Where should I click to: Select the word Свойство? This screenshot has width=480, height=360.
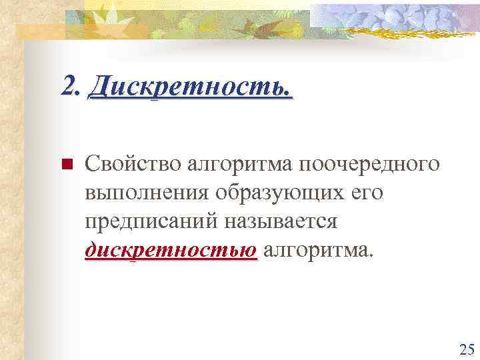pyautogui.click(x=133, y=164)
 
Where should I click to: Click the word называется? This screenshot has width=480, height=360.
pyautogui.click(x=285, y=222)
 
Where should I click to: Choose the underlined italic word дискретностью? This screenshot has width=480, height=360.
pyautogui.click(x=171, y=251)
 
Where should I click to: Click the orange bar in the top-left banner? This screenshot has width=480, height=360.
pyautogui.click(x=40, y=31)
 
